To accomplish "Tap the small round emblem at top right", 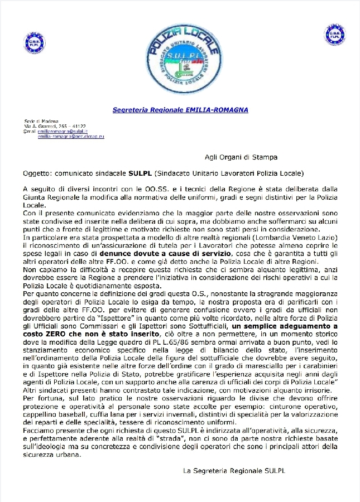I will [334, 35].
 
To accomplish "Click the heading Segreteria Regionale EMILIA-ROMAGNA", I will [180, 110].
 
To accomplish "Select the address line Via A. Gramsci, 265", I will [47, 127].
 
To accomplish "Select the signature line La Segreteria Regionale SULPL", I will [234, 471].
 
